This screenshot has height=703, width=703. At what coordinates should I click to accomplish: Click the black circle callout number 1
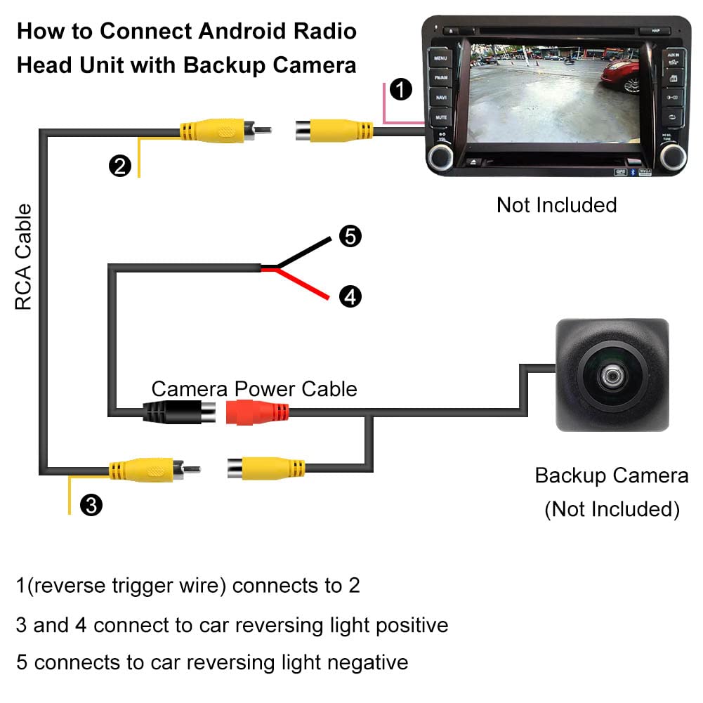pos(400,90)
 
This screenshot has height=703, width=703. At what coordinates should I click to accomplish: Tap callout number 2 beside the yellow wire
pos(120,166)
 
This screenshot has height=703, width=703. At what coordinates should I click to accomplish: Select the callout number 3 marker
pos(91,504)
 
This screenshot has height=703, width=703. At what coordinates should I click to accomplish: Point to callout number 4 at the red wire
pos(350,296)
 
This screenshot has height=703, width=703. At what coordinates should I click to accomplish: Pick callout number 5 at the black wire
pos(350,237)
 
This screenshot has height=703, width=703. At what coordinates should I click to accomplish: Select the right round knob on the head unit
pos(672,157)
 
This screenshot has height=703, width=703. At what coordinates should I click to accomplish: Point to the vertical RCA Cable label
pos(24,257)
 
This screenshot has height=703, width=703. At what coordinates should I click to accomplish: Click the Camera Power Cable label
pos(254,388)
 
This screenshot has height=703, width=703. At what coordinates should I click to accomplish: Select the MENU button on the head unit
pos(440,58)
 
